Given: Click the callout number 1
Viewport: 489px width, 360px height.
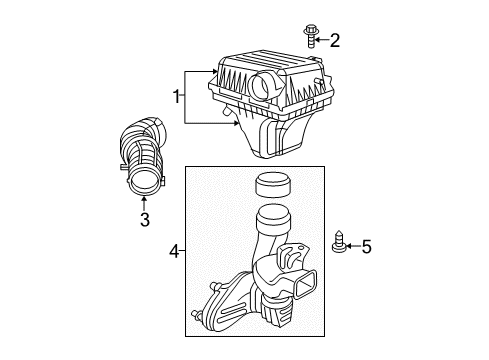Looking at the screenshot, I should [177, 98].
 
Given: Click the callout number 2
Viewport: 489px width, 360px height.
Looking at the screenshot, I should [335, 40].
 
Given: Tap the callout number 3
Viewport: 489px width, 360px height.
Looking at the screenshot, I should [144, 219].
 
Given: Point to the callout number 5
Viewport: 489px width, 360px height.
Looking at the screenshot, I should [365, 246].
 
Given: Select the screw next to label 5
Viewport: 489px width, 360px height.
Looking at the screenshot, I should [340, 245].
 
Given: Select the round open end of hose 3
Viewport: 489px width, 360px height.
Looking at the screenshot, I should [146, 183].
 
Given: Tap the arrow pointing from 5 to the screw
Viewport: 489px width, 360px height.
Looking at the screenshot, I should [352, 246].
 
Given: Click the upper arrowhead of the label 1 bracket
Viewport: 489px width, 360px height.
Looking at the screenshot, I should [215, 73].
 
